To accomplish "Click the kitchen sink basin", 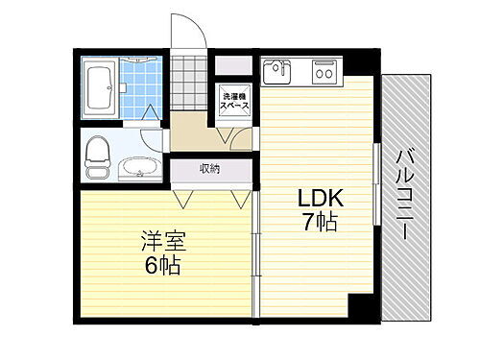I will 276,70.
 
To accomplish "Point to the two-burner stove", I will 323,70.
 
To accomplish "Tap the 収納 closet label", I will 210,168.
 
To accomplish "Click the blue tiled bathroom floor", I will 144,91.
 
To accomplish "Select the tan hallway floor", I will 197,134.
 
